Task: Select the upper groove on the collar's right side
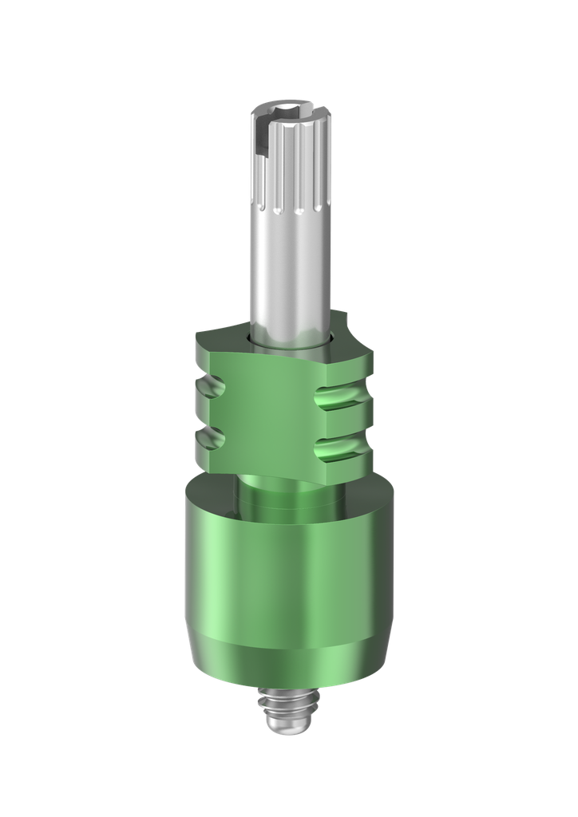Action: click(342, 396)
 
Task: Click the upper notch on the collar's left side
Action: click(210, 391)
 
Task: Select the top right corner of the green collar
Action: click(369, 351)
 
